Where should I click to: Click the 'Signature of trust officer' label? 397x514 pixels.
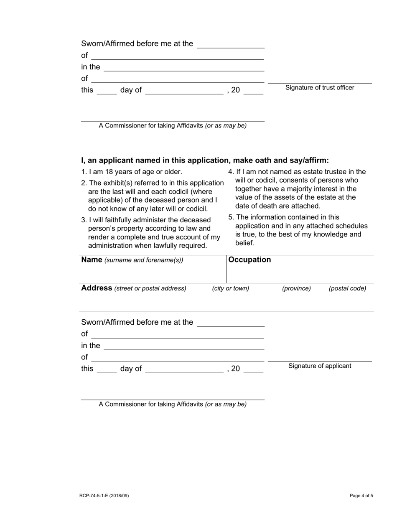320,88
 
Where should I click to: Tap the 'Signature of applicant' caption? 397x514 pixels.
320,366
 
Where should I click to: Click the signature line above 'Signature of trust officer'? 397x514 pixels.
320,83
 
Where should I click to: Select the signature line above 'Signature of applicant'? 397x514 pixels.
320,361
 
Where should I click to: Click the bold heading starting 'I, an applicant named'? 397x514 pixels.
205,160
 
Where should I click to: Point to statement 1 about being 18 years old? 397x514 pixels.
132,172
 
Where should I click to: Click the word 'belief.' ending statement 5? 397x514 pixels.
244,243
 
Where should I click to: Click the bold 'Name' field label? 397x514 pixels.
92,260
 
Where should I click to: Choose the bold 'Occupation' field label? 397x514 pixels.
249,260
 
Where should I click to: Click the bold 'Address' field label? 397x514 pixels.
97,288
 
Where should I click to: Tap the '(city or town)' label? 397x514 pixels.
230,289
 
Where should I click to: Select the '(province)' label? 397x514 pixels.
296,289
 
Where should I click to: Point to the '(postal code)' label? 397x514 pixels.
347,289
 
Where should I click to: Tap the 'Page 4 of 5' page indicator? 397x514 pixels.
361,496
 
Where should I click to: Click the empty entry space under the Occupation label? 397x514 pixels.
299,274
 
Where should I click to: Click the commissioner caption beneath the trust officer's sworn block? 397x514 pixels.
173,126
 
